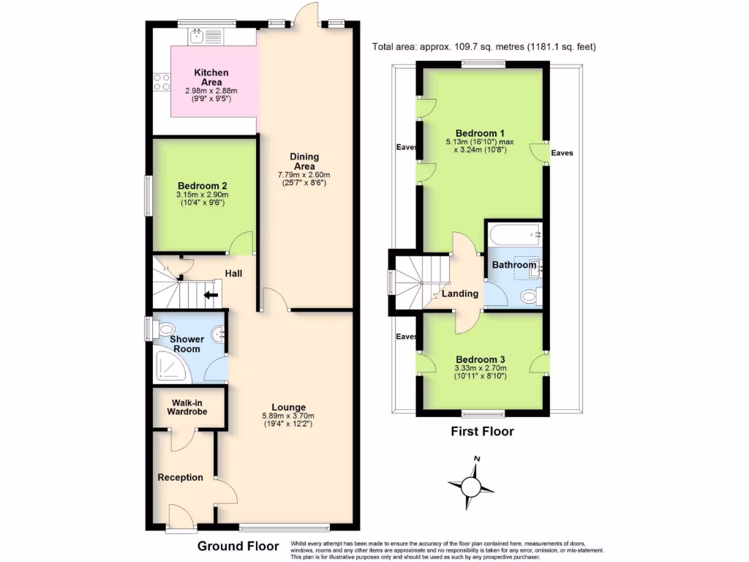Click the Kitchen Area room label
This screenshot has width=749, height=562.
[x=211, y=77]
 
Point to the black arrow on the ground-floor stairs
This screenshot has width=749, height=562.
[x=211, y=296]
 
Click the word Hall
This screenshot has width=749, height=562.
[x=233, y=274]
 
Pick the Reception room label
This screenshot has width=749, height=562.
[x=181, y=477]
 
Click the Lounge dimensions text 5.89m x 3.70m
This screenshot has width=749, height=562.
[x=288, y=416]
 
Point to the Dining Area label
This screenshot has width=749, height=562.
[x=304, y=161]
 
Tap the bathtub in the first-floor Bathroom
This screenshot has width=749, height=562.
[x=515, y=236]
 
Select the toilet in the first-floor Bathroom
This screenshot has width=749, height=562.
[x=530, y=296]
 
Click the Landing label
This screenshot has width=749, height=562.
[x=460, y=293]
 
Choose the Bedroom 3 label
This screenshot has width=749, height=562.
[x=481, y=359]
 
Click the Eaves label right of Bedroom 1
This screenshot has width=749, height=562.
[x=562, y=154]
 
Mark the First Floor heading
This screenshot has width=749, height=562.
[x=481, y=432]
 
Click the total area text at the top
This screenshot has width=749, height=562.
[x=484, y=47]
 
